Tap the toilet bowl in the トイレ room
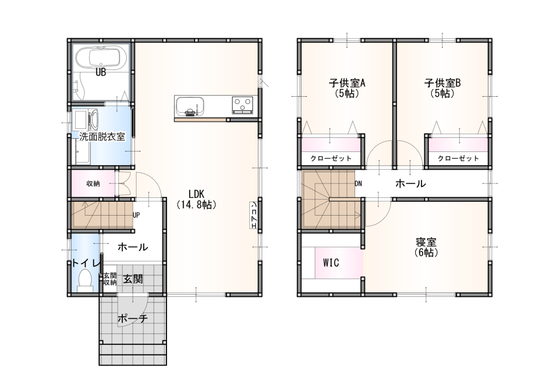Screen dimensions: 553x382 85,280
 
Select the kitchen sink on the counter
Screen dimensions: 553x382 190,106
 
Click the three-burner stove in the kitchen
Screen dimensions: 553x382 242,104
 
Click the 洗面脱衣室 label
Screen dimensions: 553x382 102,137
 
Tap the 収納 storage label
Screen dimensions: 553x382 93,184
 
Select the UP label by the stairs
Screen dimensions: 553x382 136,214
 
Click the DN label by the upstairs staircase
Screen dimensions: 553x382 358,184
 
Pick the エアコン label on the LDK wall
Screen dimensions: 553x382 253,215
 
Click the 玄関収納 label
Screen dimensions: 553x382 109,279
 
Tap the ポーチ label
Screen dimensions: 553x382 132,318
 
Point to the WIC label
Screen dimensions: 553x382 331,263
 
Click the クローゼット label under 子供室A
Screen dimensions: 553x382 331,158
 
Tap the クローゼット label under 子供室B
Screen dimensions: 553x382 458,158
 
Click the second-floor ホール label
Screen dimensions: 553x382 410,184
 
